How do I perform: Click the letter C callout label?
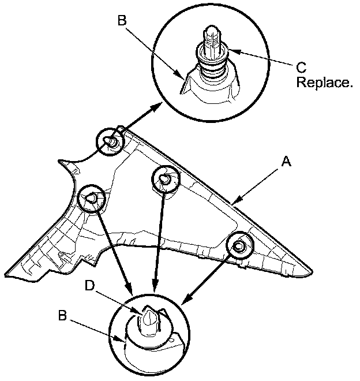coord(302,66)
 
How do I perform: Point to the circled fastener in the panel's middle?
coord(165,180)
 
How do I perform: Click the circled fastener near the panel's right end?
coord(239,246)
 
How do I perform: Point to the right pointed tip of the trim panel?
coord(312,270)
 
